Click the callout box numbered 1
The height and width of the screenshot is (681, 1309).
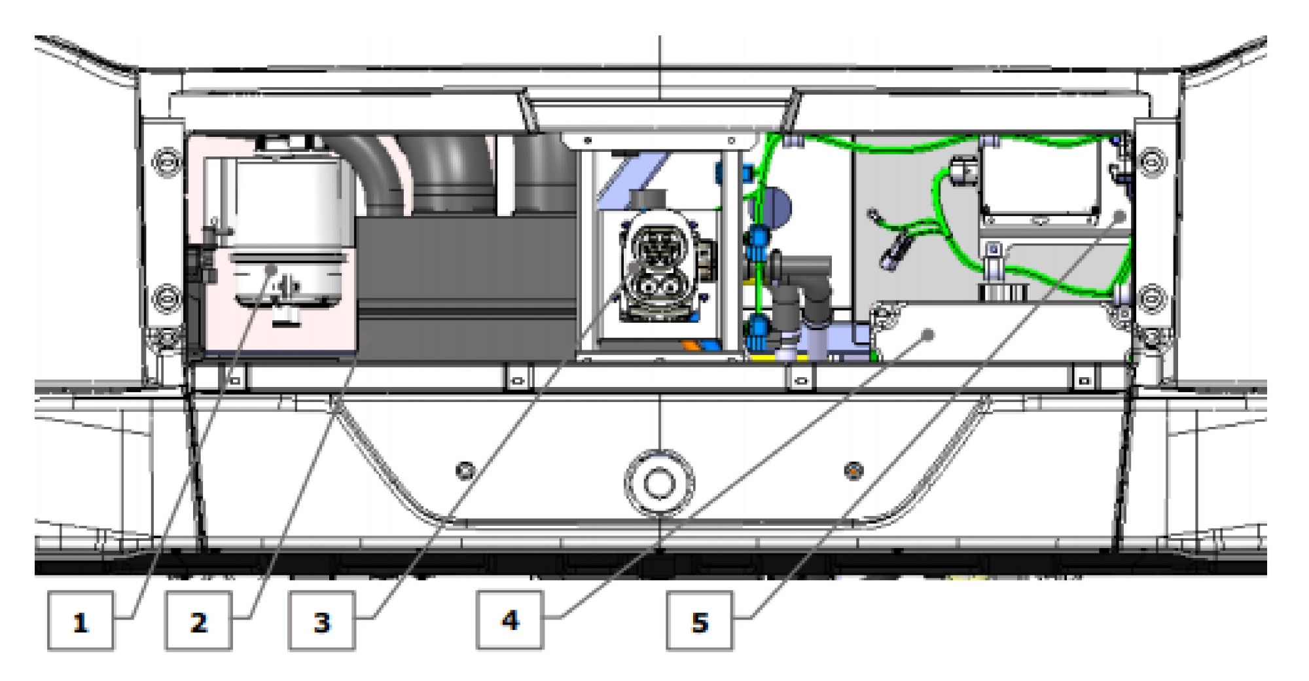81,621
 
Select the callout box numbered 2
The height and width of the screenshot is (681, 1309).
198,621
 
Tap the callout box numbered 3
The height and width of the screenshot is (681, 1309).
322,621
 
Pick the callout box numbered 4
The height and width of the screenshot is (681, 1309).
511,619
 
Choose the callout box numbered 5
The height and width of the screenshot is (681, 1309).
700,621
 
